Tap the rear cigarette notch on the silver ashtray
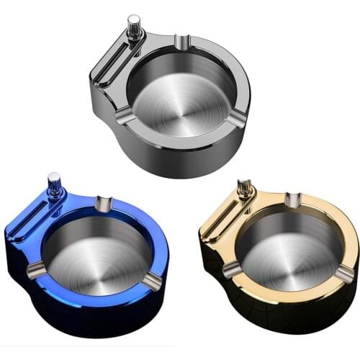181,42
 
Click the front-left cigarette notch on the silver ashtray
122,115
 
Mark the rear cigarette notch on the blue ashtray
102,204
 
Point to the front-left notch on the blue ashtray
35,270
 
